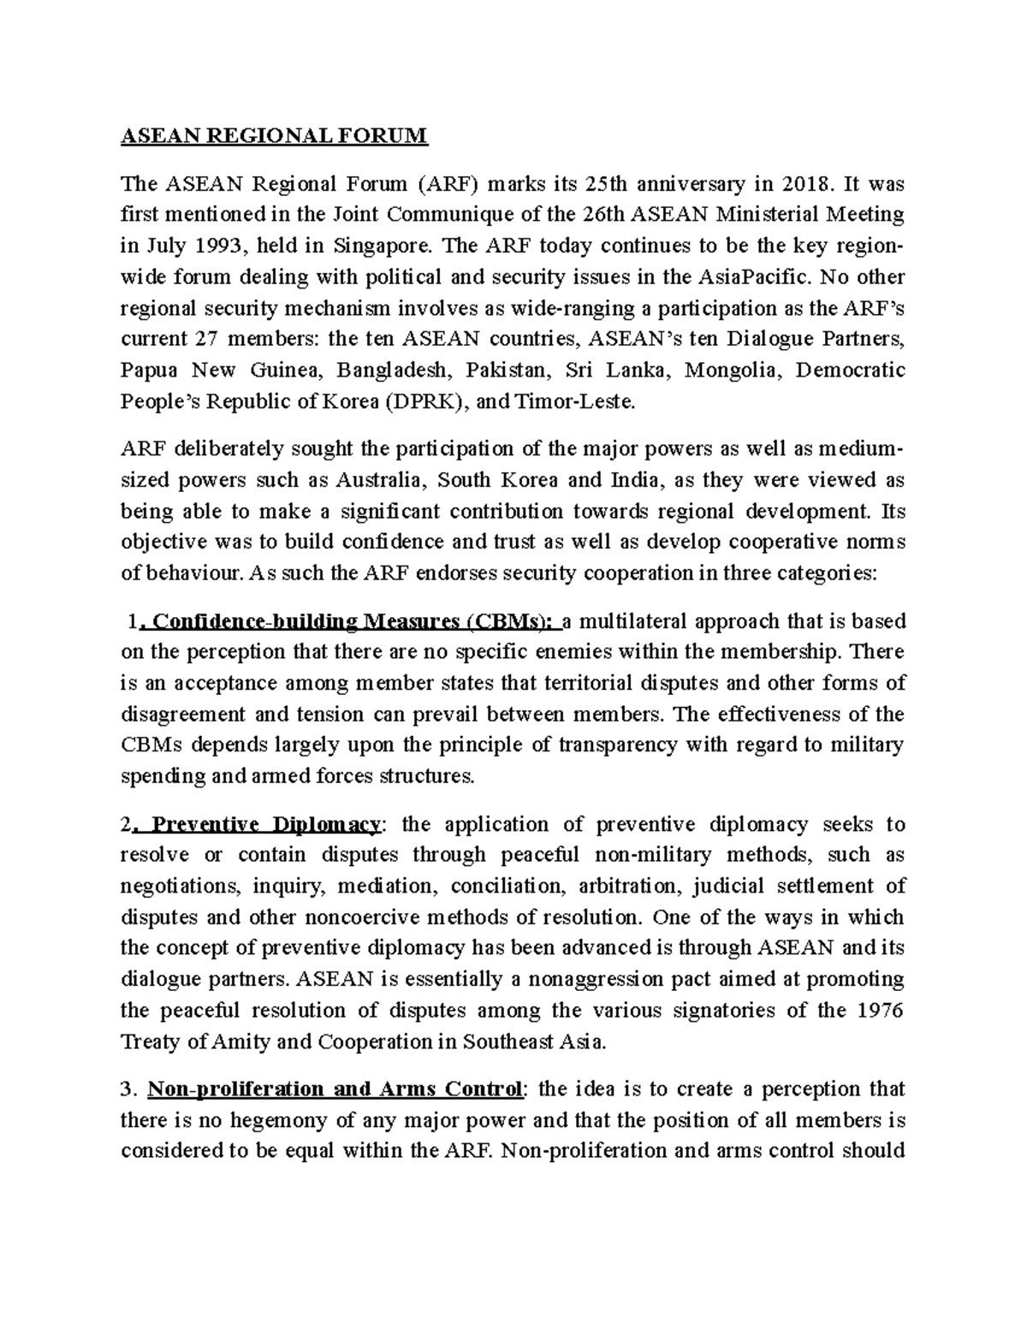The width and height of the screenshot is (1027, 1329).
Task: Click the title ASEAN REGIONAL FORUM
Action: coord(273,136)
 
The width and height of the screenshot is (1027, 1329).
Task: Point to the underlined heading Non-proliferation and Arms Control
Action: coord(335,1089)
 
